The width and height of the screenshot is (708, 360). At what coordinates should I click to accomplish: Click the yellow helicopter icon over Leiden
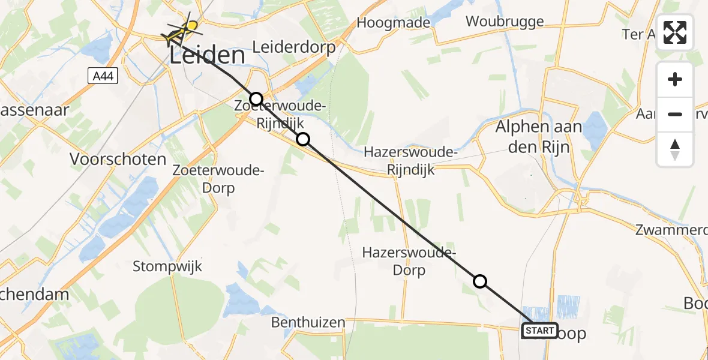181,29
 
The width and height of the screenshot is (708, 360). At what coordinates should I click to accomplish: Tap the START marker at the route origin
539,331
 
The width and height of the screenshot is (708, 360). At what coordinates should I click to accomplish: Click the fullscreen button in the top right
675,32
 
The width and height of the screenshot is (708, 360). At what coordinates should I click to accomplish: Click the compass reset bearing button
675,149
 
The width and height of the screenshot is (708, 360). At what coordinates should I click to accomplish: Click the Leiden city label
208,56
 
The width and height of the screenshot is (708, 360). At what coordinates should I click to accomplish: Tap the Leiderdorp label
293,47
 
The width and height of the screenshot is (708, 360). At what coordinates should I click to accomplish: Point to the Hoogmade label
393,23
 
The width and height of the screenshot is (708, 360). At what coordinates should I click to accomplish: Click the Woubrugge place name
505,22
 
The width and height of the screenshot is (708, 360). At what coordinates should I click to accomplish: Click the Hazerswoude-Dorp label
394,261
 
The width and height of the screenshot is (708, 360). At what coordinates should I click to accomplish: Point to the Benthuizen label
308,323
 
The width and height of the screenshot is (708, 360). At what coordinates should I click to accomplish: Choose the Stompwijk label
167,266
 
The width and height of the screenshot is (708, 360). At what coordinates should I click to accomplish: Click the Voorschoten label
118,160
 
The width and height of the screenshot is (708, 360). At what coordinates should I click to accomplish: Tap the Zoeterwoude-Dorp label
218,179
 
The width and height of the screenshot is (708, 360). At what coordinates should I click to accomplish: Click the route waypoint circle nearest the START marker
480,281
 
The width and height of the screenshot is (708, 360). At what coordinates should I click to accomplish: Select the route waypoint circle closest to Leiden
256,99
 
